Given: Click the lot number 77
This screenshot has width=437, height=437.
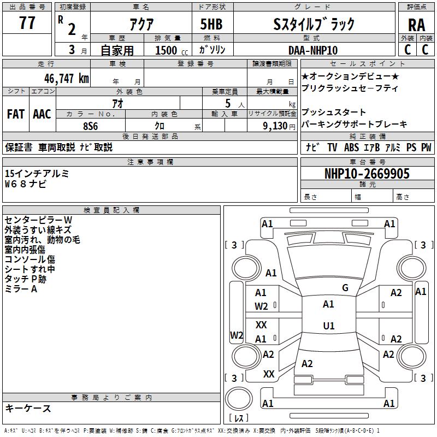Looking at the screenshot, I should [27, 24].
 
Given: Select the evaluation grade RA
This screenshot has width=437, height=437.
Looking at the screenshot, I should [416, 25].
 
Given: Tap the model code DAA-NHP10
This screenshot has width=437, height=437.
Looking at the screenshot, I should [313, 50].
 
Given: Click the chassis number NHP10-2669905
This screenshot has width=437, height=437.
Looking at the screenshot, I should [367, 174].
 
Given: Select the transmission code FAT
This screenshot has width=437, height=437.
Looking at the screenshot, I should [16, 114].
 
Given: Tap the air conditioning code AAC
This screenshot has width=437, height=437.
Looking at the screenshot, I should [42, 114].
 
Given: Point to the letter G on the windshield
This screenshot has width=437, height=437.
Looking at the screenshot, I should [345, 287].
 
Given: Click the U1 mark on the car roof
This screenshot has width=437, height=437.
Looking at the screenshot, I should [328, 326].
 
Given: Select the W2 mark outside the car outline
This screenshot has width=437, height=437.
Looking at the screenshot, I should [237, 335].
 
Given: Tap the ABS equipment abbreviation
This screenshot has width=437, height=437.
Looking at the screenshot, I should [351, 147].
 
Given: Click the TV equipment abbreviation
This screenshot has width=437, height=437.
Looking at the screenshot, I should [332, 147].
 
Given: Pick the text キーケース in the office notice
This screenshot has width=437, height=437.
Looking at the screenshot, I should [28, 408].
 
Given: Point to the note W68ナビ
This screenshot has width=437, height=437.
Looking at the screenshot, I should [26, 184].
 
